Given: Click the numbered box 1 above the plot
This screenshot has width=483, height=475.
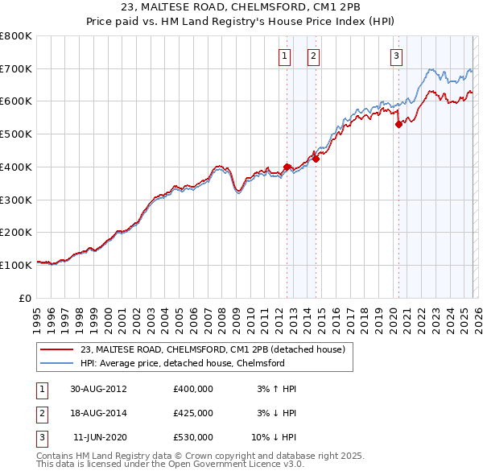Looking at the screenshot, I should coord(285,56).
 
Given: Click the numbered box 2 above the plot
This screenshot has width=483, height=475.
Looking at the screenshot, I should coord(312,56).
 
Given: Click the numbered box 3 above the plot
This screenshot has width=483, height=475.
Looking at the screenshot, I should coord(397,56).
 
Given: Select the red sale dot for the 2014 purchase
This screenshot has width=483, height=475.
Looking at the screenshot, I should coord(316,159).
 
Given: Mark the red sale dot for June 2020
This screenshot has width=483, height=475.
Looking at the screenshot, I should coord(398,124).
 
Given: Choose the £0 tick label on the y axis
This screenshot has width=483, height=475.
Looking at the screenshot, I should coord(26,298).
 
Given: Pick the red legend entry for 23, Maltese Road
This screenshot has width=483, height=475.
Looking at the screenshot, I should coord(213,349).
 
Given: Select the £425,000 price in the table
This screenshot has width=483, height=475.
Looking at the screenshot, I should coord(192,413).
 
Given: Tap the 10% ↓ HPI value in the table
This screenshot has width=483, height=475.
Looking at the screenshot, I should coord(276,437).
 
